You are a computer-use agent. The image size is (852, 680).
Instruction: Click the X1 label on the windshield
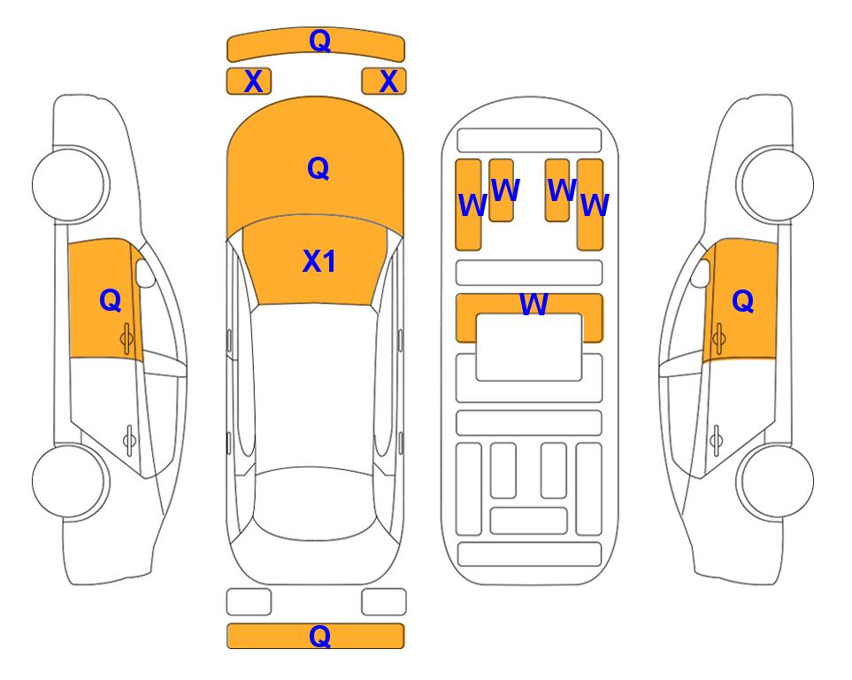click(319, 261)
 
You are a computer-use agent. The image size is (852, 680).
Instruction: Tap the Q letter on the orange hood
click(319, 168)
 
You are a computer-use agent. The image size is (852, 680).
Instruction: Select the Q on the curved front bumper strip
click(319, 40)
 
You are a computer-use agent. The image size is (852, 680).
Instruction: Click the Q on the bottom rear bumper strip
click(319, 636)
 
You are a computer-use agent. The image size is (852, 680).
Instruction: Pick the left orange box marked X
click(249, 81)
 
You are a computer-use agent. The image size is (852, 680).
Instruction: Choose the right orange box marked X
click(384, 81)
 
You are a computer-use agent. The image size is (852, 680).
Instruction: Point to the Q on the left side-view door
click(111, 300)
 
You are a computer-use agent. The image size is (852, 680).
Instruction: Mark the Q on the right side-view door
click(743, 301)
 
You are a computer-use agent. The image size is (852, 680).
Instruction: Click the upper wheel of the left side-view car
click(70, 184)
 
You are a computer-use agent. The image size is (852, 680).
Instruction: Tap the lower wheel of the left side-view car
click(70, 481)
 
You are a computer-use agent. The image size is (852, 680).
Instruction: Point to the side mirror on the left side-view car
click(144, 273)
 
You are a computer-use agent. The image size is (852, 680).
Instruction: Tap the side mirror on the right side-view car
click(701, 273)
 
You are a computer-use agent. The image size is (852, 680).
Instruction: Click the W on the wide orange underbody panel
click(533, 304)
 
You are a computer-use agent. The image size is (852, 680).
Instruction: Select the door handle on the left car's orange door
click(127, 338)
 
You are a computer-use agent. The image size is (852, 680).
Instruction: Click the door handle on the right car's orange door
click(718, 338)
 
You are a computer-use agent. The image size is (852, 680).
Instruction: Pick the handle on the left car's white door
click(129, 440)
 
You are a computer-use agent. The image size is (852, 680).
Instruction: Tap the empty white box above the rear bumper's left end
click(249, 602)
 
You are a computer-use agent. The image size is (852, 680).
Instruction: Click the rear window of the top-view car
click(315, 504)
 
